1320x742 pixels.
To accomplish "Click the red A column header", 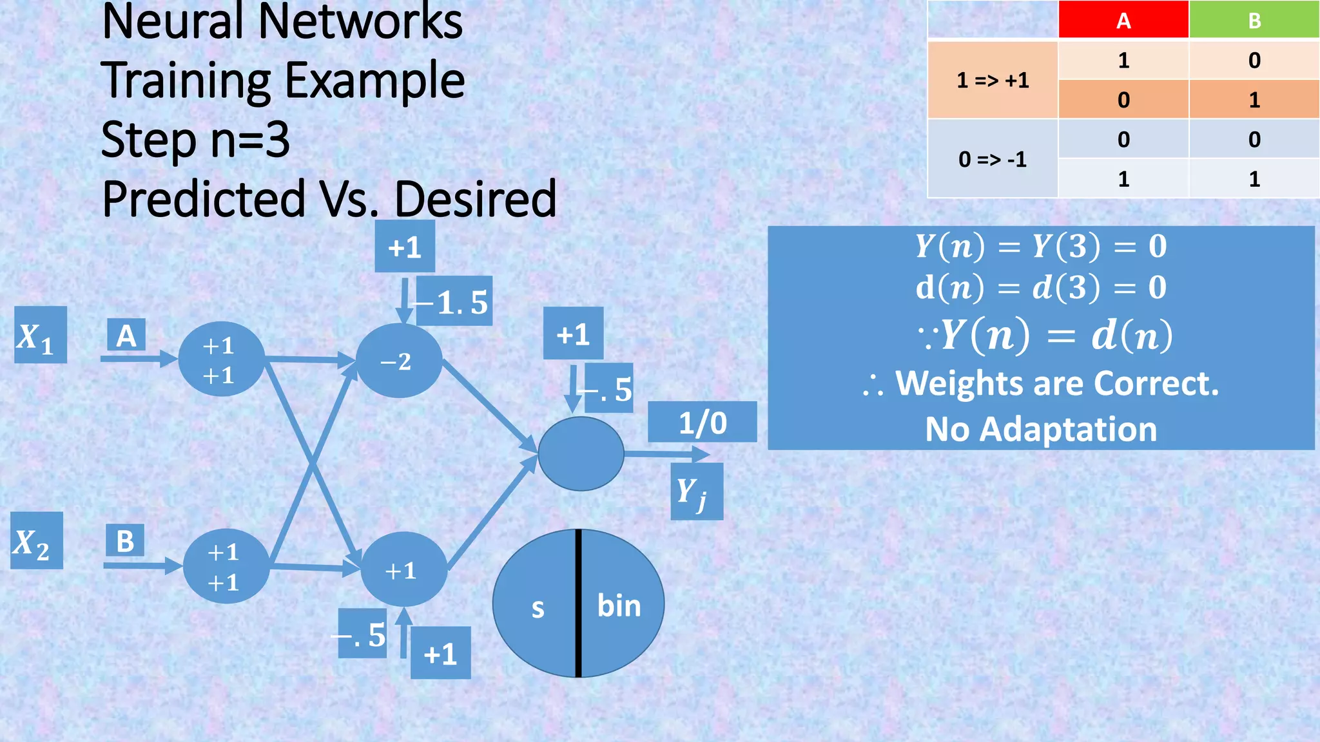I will point(1123,21).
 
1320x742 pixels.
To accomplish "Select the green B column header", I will point(1254,21).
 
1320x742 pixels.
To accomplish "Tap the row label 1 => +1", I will point(993,81).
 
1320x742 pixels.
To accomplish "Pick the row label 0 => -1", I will point(993,159).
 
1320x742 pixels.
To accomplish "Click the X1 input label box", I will point(40,335).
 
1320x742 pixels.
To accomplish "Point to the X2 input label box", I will point(36,541).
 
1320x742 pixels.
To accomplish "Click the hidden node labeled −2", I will point(399,361).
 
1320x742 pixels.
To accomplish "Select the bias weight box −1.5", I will point(455,301).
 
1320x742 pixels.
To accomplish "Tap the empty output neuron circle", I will point(581,453).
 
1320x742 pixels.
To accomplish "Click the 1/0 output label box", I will point(702,423).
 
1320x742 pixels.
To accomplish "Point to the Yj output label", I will point(696,492).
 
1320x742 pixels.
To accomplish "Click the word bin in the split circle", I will point(619,605).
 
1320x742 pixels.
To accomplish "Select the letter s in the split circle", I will point(538,608).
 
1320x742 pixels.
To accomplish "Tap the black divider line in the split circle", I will point(578,603).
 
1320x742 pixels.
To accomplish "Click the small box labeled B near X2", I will point(125,541).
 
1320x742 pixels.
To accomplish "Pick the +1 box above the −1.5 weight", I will point(405,247).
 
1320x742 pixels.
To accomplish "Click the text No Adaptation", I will point(1040,429).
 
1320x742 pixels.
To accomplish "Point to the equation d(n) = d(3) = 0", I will point(1040,287).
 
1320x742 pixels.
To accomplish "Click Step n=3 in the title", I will point(195,139).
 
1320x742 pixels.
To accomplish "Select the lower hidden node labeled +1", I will point(403,569).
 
